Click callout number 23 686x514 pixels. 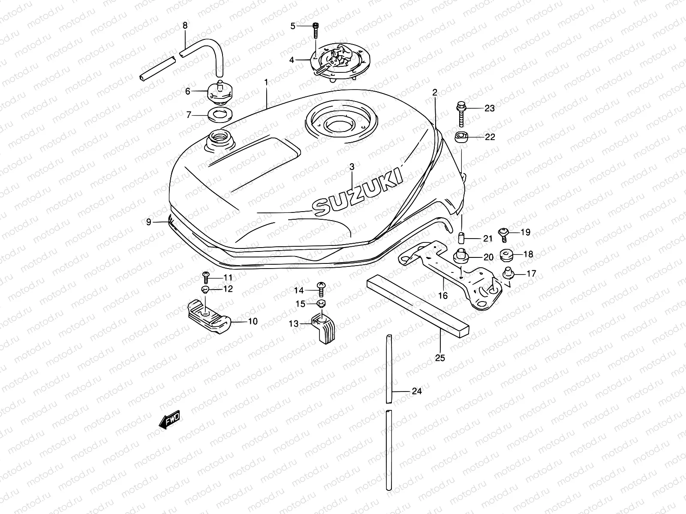pyautogui.click(x=490, y=108)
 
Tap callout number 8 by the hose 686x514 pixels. pyautogui.click(x=185, y=26)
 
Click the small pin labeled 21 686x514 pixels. pyautogui.click(x=462, y=237)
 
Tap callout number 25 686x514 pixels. pyautogui.click(x=440, y=358)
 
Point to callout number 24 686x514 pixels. pyautogui.click(x=416, y=391)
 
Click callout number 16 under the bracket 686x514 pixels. pyautogui.click(x=443, y=295)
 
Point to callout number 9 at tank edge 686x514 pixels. pyautogui.click(x=149, y=222)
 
